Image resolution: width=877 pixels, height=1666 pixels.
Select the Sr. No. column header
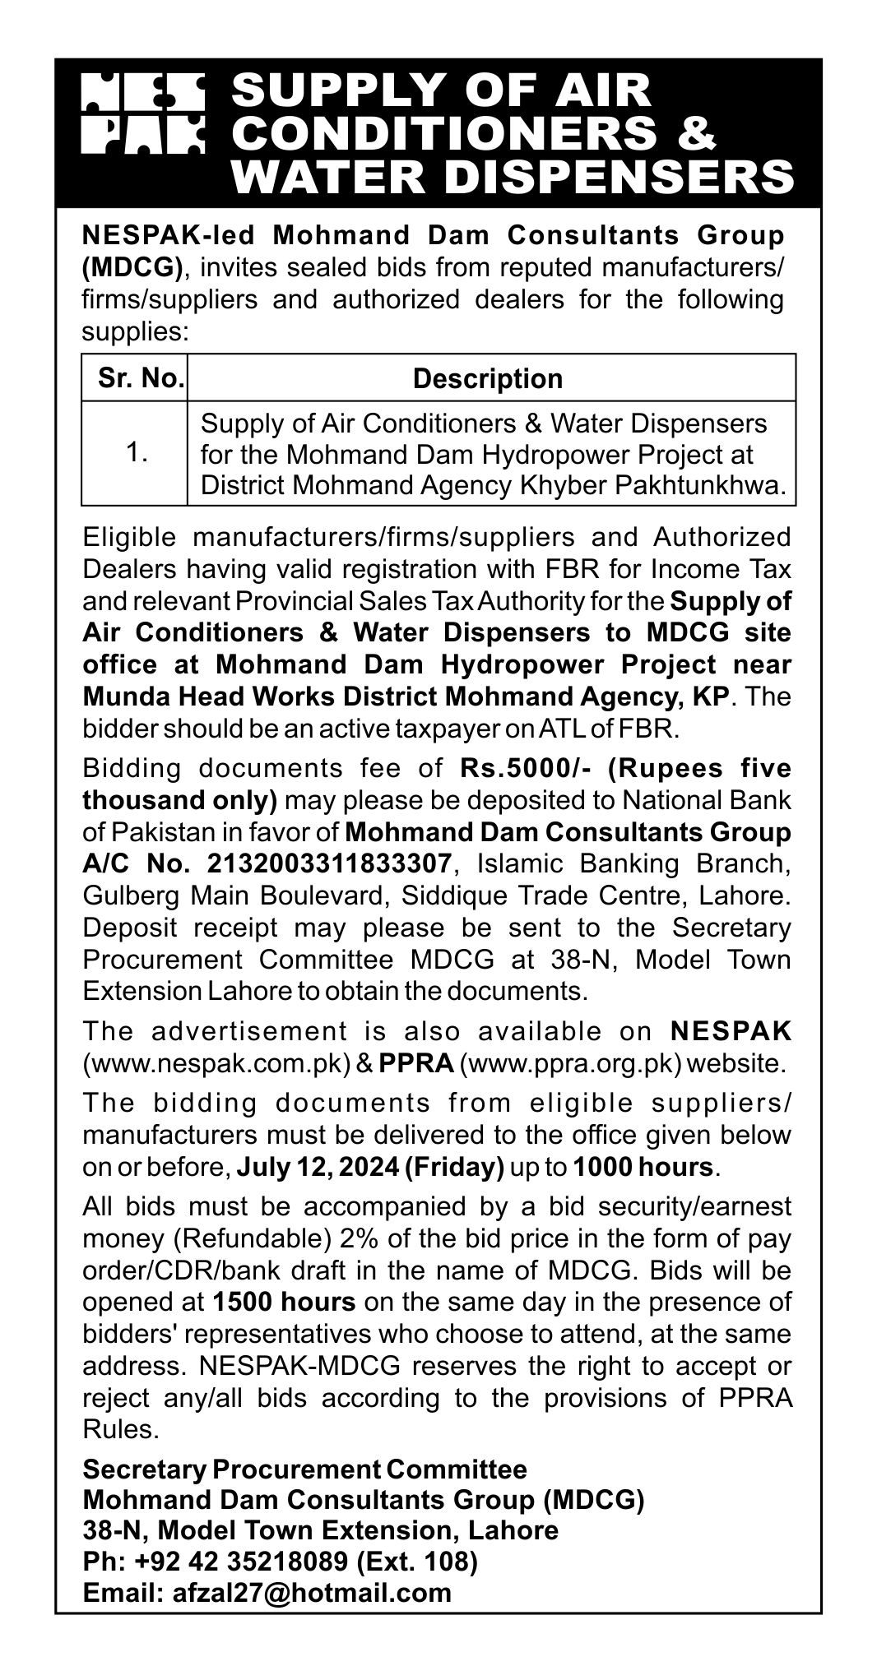[135, 378]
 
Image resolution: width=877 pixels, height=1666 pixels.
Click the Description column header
[488, 378]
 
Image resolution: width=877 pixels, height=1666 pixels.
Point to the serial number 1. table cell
[135, 453]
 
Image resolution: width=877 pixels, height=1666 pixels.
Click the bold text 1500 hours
[283, 1302]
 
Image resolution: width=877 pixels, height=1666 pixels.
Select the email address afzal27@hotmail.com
[313, 1593]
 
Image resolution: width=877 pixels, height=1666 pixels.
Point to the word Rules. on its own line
[120, 1430]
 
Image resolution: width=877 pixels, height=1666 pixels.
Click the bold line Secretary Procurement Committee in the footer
[305, 1469]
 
